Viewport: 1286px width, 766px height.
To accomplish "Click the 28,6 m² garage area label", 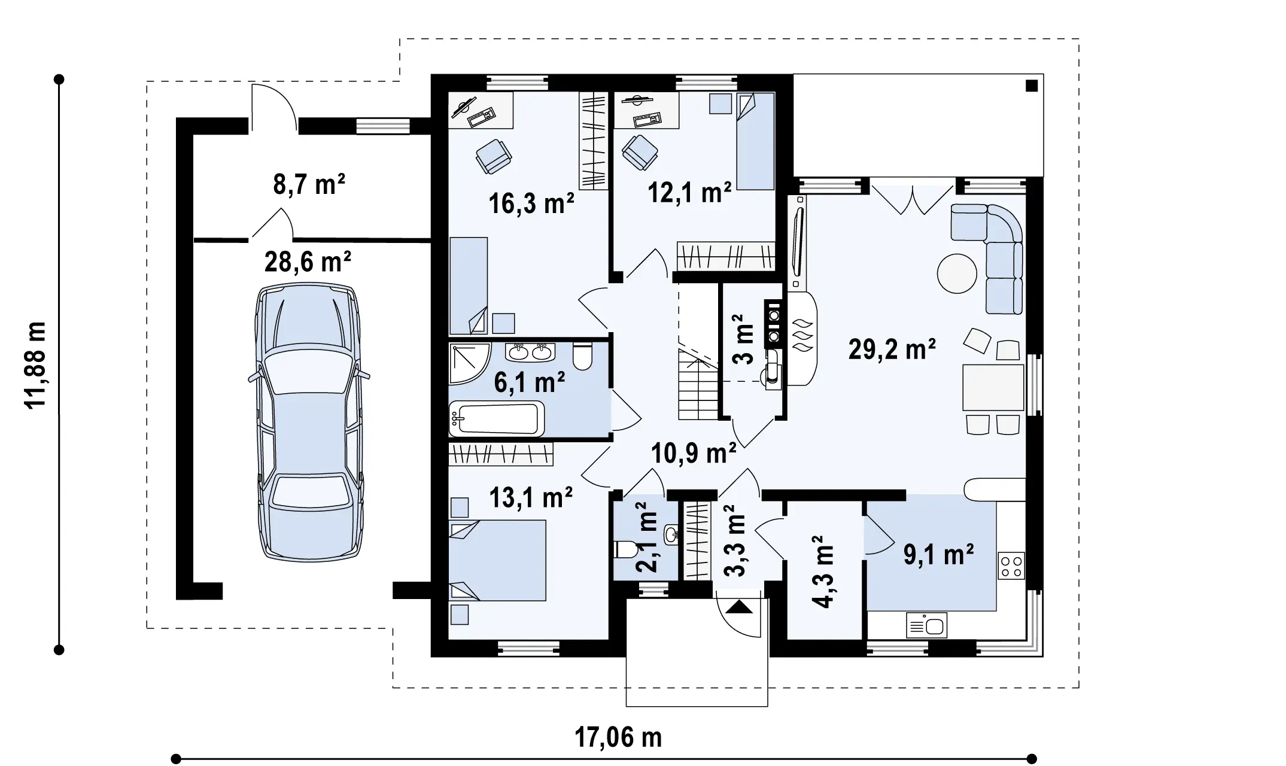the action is tap(308, 262).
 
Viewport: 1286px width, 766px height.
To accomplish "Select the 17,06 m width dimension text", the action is tap(618, 737).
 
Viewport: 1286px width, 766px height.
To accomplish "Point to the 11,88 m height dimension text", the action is tap(35, 365).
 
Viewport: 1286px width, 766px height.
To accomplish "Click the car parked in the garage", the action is tap(309, 422).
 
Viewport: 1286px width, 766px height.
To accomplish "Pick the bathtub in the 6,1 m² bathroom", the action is tap(497, 419).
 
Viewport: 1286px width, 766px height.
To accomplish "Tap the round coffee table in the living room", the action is tap(957, 273).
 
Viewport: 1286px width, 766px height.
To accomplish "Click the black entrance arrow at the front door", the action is tap(740, 607).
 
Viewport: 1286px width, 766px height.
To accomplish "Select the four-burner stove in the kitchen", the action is tap(1011, 566).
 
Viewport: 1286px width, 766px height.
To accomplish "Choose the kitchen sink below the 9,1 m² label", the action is tap(926, 625).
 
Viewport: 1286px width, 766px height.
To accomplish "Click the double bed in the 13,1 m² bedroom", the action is tap(497, 560).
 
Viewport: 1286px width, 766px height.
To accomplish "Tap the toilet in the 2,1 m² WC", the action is tap(624, 549).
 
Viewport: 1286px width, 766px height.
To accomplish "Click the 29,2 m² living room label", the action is tap(892, 349).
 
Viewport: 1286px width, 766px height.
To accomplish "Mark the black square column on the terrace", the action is tap(1032, 86).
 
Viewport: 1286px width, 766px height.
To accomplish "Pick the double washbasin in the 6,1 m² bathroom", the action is tap(530, 352).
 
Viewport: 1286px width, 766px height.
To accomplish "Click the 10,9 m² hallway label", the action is tap(694, 454).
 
